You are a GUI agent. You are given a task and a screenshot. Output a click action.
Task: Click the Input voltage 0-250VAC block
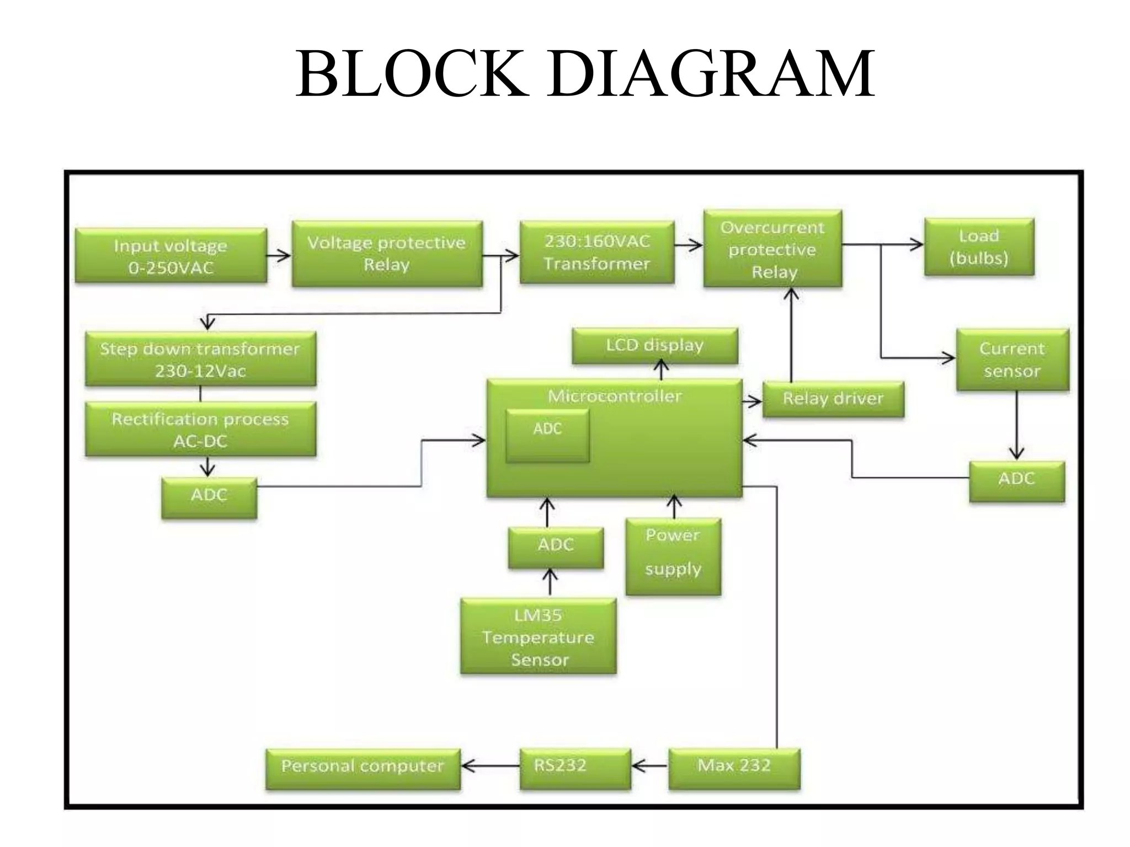pos(170,256)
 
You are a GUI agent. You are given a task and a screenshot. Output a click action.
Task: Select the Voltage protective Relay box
pos(387,254)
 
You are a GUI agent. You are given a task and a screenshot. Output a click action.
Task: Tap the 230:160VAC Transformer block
pos(596,253)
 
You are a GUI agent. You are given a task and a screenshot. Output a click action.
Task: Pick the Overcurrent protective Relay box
pos(772,249)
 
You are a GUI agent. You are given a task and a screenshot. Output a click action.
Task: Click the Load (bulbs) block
pos(979,246)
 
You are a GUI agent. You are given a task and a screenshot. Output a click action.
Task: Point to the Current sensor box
pos(1012,360)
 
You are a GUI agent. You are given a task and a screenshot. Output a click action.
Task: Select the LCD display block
pos(654,346)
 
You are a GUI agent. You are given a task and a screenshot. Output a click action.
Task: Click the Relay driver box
pos(833,399)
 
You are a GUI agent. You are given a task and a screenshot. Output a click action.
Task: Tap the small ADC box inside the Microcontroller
pos(547,436)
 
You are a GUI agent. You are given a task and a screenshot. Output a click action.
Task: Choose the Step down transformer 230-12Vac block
pos(200,359)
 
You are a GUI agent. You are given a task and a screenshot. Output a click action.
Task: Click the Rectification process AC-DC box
pos(200,430)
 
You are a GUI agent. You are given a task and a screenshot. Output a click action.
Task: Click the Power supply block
pos(673,556)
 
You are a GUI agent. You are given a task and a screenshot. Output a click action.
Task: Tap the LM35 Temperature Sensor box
pos(538,636)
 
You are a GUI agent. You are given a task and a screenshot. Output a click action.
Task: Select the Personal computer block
pos(363,769)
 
